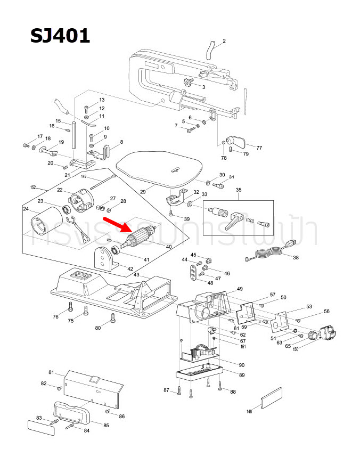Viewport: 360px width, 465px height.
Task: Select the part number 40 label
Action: [169, 247]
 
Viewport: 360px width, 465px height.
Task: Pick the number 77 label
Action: [259, 148]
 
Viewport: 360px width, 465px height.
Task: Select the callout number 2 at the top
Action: [224, 41]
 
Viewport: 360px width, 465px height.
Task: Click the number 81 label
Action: [52, 372]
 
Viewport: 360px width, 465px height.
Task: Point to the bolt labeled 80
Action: [112, 318]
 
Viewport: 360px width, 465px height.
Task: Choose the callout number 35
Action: [238, 190]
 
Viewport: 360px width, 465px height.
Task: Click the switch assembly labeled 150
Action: [324, 335]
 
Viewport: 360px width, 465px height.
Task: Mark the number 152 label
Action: [32, 187]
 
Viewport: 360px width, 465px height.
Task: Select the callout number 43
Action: [136, 274]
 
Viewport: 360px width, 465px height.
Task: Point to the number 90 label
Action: [241, 365]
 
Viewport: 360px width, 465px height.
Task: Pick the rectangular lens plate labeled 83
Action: [41, 427]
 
